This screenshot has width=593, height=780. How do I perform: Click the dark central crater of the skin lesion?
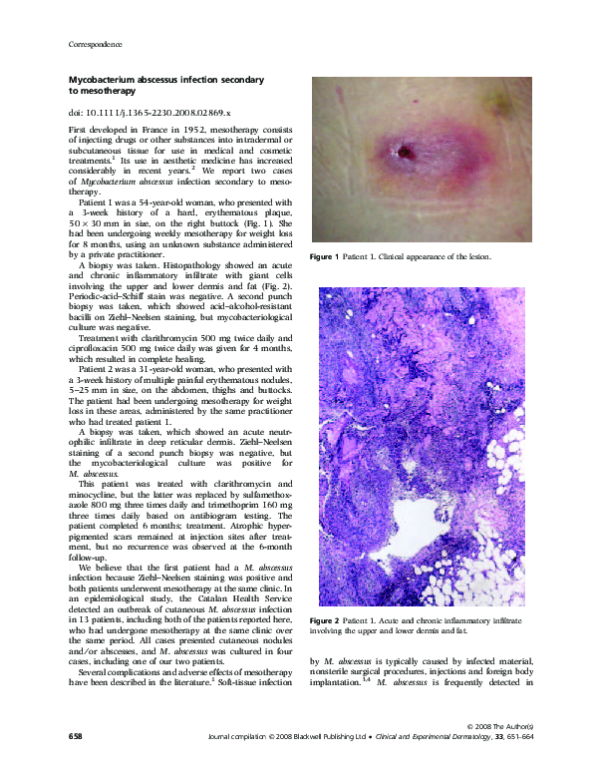pos(406,152)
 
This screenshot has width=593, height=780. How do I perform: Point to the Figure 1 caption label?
pos(330,257)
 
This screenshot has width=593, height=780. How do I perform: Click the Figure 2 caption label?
pos(330,621)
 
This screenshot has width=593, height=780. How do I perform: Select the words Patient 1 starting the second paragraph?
pos(98,202)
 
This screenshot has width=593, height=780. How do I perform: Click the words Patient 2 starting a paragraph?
pos(98,369)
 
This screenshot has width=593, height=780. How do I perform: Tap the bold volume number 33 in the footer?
pos(483,762)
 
